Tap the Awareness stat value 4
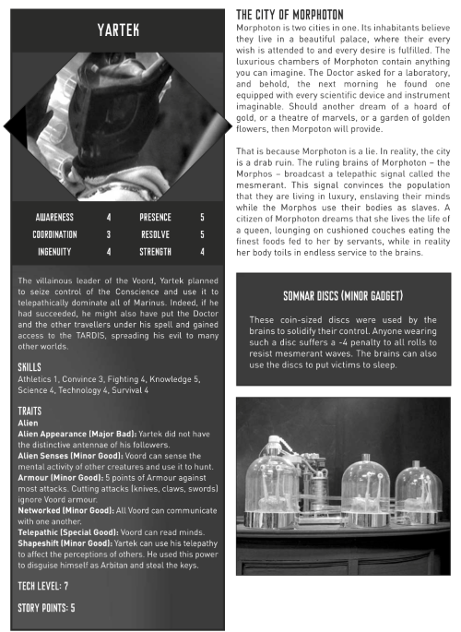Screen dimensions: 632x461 click(109, 218)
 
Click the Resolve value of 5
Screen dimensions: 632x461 click(202, 234)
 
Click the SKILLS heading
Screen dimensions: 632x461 click(30, 367)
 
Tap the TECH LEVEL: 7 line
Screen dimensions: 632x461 click(47, 586)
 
